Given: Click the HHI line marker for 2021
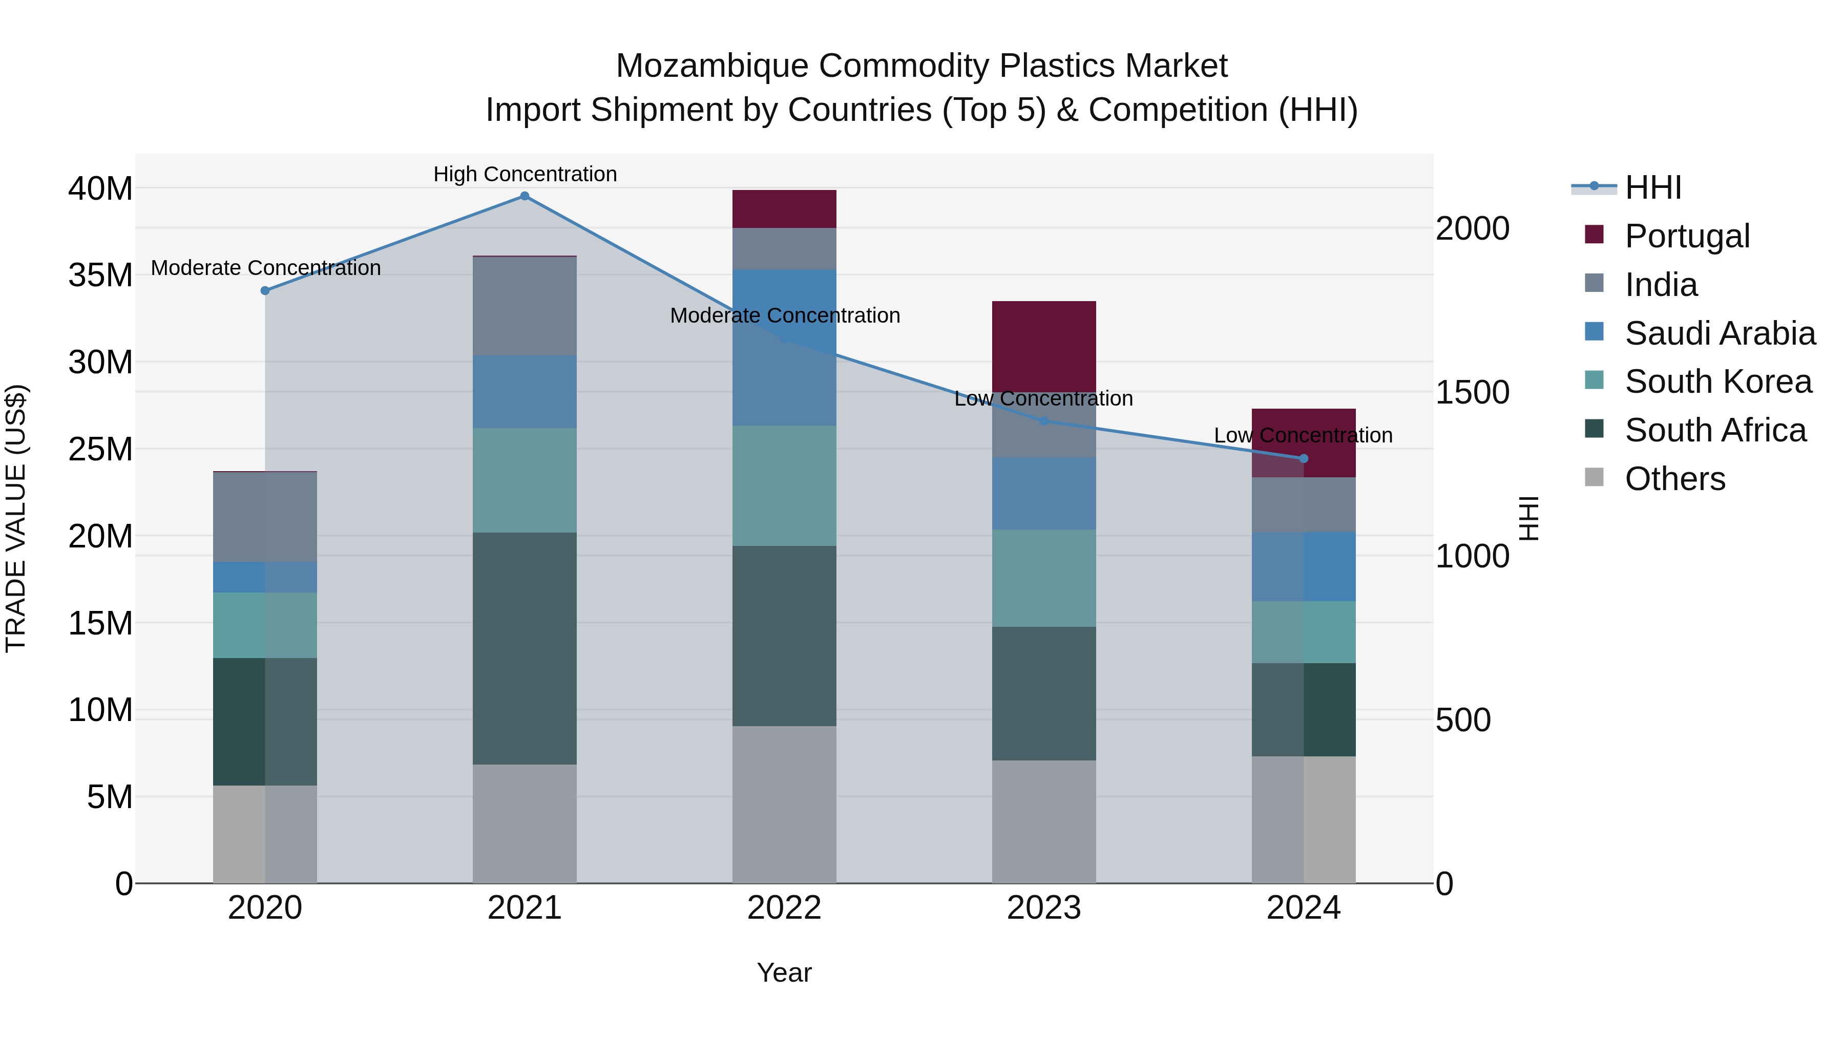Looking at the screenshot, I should coord(525,196).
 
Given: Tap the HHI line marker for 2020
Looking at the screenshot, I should coord(265,290).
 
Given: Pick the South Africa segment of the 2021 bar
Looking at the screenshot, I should coord(525,648).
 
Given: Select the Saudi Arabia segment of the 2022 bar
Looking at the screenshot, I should coord(785,347).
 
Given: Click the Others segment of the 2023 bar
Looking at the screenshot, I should coord(1044,821).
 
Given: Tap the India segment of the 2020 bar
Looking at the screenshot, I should coord(265,517).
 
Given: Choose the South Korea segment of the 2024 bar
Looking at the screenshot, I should coord(1304,632).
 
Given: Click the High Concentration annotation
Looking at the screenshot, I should coord(525,174).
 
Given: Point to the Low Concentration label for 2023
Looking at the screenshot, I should coord(1044,398).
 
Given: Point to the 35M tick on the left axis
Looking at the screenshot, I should coord(100,275).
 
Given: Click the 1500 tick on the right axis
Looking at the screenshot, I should coord(1473,392).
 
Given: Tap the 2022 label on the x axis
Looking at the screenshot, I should coord(785,908).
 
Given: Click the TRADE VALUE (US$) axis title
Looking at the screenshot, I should coord(16,519).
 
